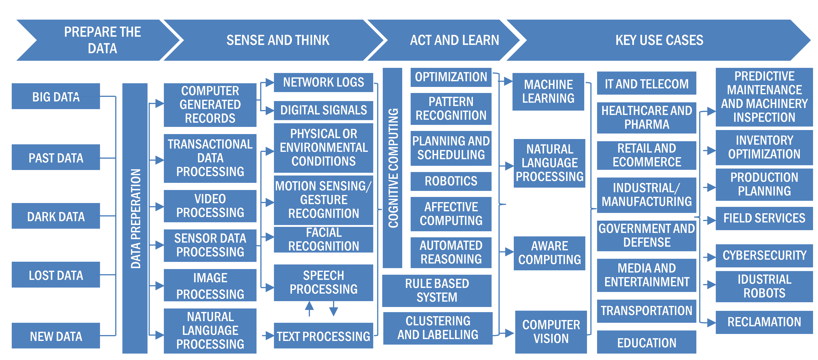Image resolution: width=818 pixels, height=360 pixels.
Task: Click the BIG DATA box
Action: coord(56,96)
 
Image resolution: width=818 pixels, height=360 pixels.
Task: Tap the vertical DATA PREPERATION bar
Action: coord(135,218)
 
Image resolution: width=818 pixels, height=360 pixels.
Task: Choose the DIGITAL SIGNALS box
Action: coord(323,110)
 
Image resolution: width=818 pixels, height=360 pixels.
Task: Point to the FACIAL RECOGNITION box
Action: coord(323,239)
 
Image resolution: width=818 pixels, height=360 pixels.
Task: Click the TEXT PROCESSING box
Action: coord(323,336)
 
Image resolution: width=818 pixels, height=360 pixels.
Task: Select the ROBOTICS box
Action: coord(451,181)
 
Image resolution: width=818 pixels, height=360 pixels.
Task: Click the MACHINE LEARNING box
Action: coord(548,92)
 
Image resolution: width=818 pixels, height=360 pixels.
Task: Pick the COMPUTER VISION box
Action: coord(551,332)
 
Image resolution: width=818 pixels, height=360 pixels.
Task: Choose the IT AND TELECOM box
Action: coord(646,83)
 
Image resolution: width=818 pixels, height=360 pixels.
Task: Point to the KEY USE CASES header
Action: coord(659,40)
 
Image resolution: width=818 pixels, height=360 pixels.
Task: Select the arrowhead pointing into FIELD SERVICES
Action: coord(711,220)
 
